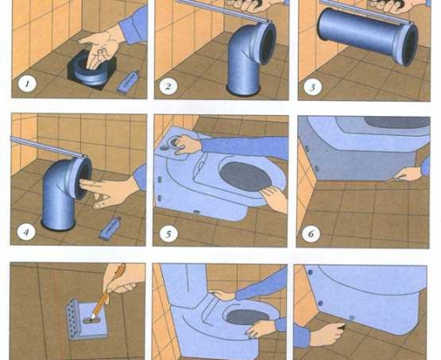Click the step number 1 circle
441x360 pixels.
tap(27, 84)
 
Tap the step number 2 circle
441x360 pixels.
tap(168, 86)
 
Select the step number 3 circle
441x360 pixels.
tap(312, 87)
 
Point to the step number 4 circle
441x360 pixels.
tap(26, 232)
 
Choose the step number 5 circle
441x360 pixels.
tap(168, 234)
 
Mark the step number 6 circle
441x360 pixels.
tap(311, 234)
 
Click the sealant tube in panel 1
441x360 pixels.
tap(128, 81)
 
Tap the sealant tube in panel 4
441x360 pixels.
tap(111, 228)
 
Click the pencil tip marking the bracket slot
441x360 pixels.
tap(93, 317)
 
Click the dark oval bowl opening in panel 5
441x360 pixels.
tap(246, 176)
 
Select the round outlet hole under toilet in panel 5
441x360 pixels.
tap(174, 141)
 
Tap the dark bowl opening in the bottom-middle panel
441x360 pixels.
tap(247, 317)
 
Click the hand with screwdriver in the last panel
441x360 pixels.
tap(326, 334)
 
